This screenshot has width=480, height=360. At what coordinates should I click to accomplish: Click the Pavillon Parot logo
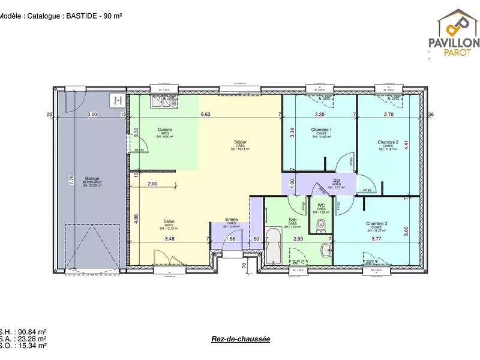(453, 34)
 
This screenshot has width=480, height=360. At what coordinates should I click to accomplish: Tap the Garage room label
(92, 178)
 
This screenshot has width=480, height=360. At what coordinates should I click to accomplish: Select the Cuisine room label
(165, 130)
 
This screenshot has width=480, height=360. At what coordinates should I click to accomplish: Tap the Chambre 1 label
(322, 130)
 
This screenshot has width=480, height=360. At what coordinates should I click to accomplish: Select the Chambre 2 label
(388, 142)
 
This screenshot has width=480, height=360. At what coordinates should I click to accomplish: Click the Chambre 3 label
(377, 224)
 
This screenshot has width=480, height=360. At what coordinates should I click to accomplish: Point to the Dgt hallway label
(337, 180)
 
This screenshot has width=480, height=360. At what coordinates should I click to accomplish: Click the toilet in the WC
(320, 226)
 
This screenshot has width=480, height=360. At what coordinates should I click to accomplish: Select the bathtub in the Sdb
(274, 247)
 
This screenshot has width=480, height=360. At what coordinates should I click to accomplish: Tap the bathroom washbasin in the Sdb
(326, 250)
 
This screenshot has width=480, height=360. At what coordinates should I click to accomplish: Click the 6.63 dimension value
(205, 114)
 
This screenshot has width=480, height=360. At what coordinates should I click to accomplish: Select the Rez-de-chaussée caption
(241, 339)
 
